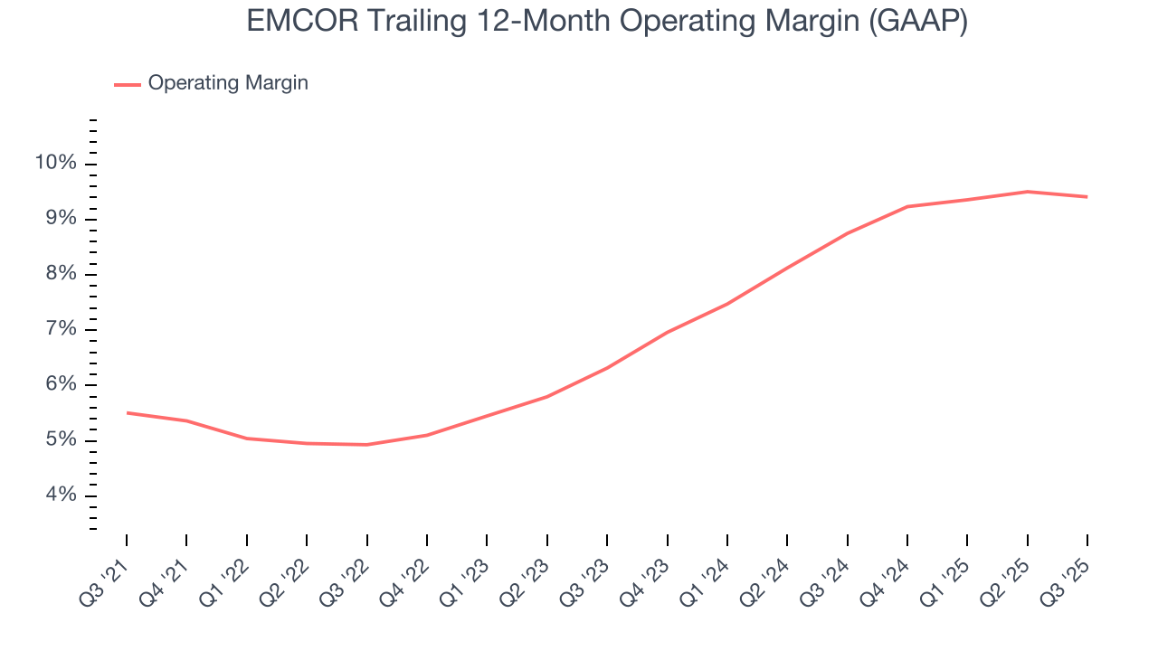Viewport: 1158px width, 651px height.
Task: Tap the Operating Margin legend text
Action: (x=228, y=83)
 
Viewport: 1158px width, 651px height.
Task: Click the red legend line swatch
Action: (x=127, y=84)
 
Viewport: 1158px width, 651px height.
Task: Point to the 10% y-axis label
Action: (x=56, y=164)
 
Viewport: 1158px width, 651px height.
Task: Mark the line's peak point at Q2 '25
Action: (x=1027, y=192)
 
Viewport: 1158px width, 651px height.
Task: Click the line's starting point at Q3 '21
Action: (x=127, y=413)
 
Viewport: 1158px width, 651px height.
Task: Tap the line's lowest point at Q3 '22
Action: (x=366, y=445)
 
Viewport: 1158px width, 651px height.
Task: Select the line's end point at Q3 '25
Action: (x=1087, y=197)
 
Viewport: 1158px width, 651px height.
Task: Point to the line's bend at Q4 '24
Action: (x=906, y=207)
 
